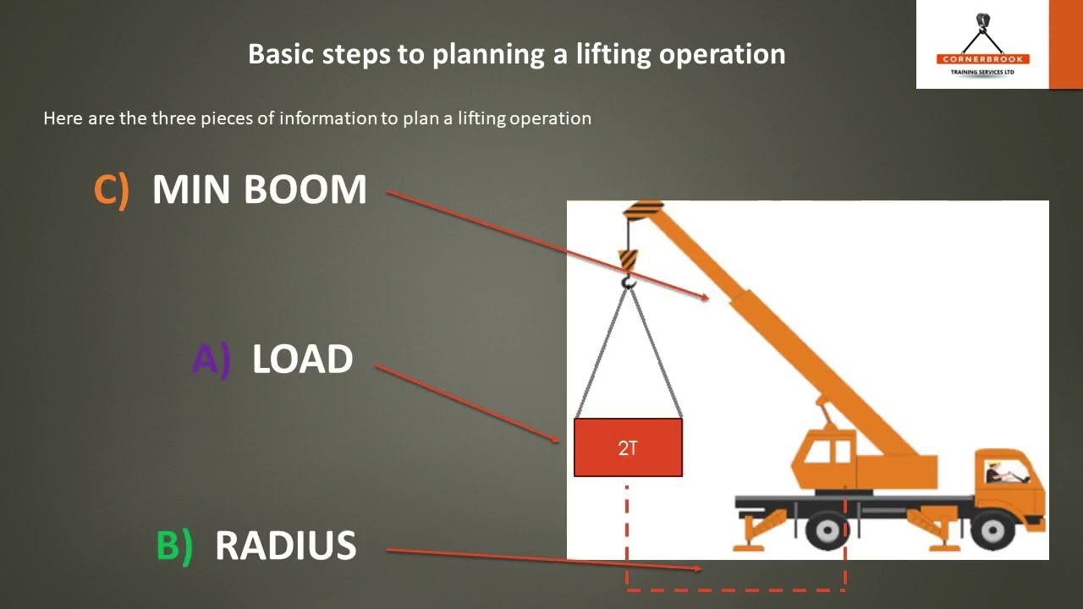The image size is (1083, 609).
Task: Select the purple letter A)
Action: [211, 359]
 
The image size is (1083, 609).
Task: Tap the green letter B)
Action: [174, 546]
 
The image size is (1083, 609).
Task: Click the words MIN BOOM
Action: [259, 189]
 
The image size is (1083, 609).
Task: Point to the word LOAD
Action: [302, 359]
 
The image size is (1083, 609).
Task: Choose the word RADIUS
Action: [285, 546]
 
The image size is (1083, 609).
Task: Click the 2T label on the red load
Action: [628, 448]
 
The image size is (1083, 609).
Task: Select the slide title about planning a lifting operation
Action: [516, 54]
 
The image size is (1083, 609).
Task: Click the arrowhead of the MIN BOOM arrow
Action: [705, 297]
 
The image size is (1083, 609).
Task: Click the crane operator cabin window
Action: [817, 453]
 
